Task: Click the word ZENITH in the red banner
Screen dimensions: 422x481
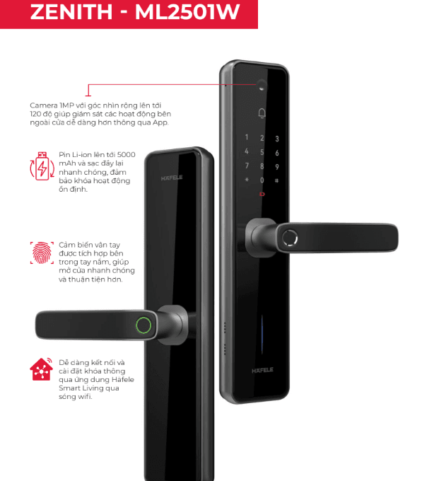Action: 71,12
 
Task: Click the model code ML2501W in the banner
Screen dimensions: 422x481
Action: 187,12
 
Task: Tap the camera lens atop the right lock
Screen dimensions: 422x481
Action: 262,85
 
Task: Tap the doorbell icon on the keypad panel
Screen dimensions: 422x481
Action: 262,113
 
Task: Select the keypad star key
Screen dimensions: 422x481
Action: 247,180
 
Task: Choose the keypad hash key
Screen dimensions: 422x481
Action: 276,180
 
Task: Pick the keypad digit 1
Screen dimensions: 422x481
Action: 247,137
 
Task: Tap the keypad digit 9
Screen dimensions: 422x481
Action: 276,166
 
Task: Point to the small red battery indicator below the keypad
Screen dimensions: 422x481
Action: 262,194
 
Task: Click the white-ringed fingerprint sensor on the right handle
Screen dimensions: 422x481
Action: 290,238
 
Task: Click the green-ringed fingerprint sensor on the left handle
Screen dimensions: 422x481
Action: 143,325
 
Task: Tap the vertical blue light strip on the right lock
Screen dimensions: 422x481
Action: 262,335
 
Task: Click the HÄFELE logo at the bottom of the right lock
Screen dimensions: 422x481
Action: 262,370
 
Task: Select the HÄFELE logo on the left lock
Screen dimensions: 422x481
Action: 172,178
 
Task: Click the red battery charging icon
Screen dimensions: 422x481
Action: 42,166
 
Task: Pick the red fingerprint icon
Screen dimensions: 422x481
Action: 42,253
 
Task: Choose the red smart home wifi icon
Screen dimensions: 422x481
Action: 42,369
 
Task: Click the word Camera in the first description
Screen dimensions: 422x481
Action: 44,105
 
